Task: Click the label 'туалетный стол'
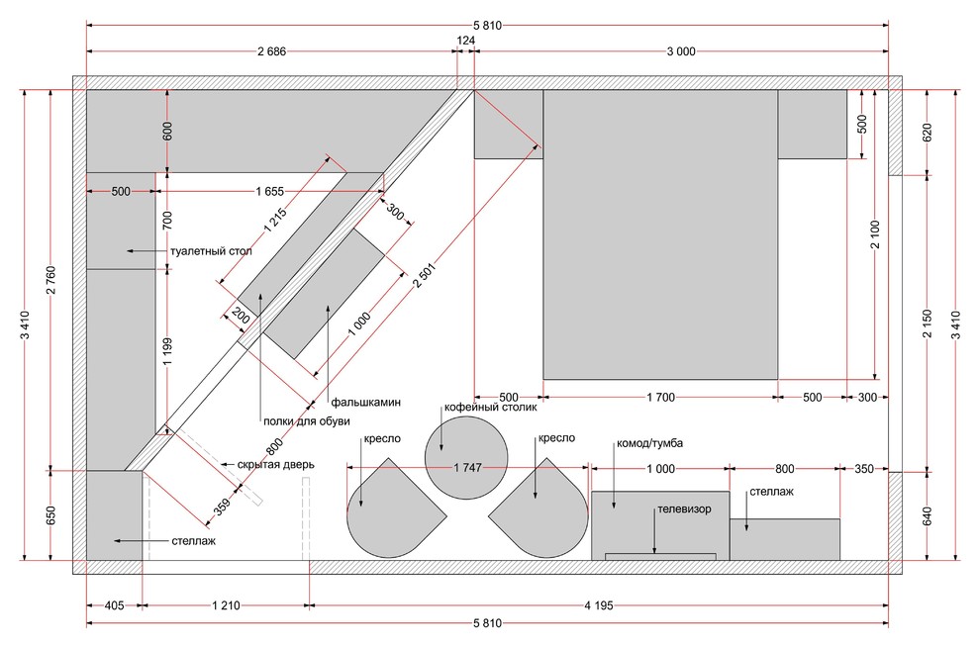tap(211, 251)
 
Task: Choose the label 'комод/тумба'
tap(649, 443)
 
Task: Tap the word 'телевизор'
tap(684, 511)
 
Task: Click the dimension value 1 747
tap(465, 468)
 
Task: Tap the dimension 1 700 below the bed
tap(660, 398)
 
